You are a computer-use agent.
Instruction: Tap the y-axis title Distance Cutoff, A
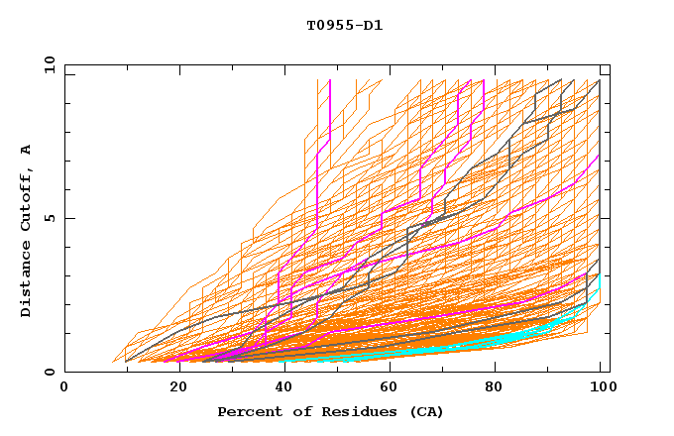[x=26, y=230]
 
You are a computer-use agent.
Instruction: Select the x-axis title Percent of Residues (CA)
[x=330, y=411]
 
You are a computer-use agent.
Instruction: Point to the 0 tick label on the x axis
[x=64, y=387]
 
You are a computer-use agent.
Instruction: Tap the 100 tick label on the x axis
[x=600, y=387]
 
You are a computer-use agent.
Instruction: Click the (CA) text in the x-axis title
[x=426, y=411]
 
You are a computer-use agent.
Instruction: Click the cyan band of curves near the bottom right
[x=555, y=322]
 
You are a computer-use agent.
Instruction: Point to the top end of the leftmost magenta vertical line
[x=329, y=80]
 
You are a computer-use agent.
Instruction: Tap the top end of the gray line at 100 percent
[x=599, y=80]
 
